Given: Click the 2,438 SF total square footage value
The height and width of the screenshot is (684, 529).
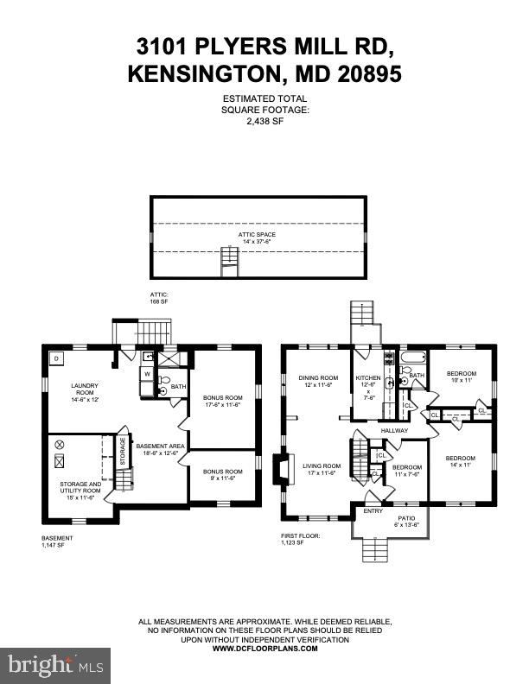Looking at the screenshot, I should click(x=265, y=123).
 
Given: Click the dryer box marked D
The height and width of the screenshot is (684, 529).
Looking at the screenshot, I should click(x=55, y=358).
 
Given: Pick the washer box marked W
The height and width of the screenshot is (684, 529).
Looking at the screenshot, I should click(x=147, y=374).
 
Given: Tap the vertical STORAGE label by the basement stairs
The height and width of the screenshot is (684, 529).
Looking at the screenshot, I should click(x=122, y=457).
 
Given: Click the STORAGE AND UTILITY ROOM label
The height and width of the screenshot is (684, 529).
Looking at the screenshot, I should click(x=80, y=487).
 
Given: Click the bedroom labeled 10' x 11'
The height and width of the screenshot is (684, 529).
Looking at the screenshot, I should click(x=461, y=377).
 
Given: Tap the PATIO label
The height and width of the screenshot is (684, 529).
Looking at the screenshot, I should click(x=406, y=519).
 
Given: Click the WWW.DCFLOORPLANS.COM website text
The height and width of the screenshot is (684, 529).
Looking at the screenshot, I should click(x=264, y=648).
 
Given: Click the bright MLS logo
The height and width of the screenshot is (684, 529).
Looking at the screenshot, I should click(x=55, y=665).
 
